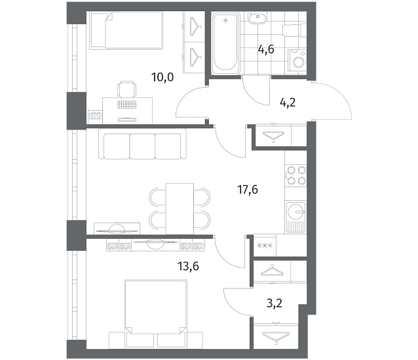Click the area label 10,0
coord(162,77)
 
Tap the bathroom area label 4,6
coord(266,49)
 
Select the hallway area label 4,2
coord(288,102)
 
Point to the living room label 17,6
coord(248,190)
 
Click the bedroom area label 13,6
coord(188,266)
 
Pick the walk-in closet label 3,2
coord(275,303)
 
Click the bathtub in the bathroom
coord(225,43)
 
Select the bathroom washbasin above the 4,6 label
coord(257,18)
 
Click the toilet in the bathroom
coord(294,30)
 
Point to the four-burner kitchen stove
coord(296,175)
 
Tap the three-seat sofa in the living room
coord(142,144)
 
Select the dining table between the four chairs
coord(180,209)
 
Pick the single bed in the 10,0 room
coord(126,30)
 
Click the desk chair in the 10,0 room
coord(127,89)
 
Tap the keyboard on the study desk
coord(127,104)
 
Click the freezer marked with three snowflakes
coord(265,245)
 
